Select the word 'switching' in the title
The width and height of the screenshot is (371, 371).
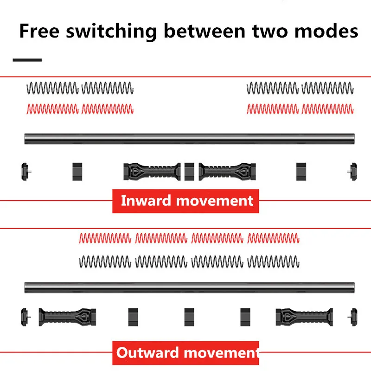113,32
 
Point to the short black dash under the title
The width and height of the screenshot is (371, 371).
27,60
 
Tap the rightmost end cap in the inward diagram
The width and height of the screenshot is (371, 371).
353,172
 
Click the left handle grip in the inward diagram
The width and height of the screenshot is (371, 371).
152,172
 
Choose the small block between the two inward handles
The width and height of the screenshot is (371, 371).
189,172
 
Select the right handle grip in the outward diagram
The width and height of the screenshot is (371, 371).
304,316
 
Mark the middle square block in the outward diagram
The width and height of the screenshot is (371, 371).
189,316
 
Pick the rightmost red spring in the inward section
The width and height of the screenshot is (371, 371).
327,109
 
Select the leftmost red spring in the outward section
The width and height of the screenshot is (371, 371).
105,238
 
